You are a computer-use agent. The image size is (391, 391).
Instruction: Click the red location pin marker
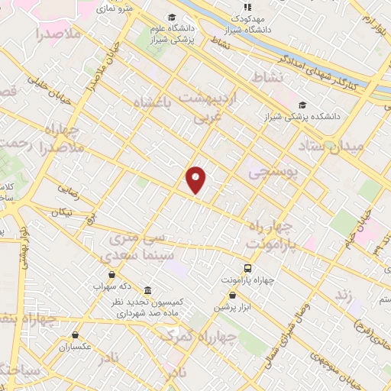(x=196, y=179)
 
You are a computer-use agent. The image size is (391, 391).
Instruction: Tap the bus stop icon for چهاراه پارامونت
(x=248, y=268)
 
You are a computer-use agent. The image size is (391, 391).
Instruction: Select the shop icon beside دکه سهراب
(x=112, y=275)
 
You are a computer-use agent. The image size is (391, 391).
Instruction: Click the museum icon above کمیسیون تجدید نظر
(x=146, y=292)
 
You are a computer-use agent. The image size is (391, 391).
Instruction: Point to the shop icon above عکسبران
(x=74, y=334)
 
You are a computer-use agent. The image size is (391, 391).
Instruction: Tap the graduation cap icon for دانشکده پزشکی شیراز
(x=303, y=105)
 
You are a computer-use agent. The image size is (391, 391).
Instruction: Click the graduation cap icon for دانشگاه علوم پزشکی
(x=173, y=18)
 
